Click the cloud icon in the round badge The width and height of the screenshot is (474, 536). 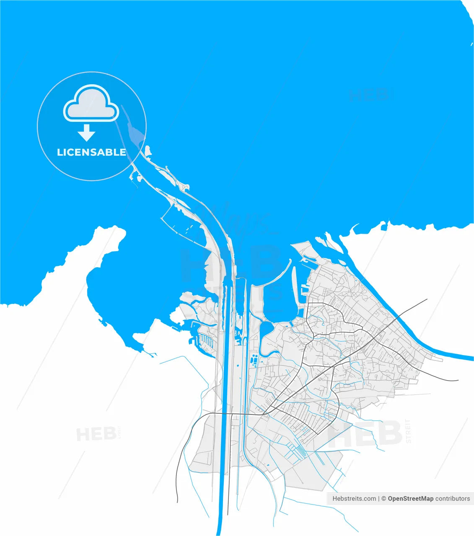point(91,103)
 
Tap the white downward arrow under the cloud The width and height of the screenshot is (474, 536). point(87,132)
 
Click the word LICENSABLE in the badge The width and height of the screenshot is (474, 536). point(91,152)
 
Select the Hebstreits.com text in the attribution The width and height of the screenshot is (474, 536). point(354,498)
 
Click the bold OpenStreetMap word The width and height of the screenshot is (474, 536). point(410,498)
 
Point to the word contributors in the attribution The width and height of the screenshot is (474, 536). point(453,498)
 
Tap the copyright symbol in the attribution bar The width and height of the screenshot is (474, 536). point(383,498)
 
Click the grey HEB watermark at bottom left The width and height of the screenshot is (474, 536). point(96,434)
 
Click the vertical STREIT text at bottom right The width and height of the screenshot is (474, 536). point(409,431)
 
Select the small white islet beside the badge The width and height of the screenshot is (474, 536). point(148,150)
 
